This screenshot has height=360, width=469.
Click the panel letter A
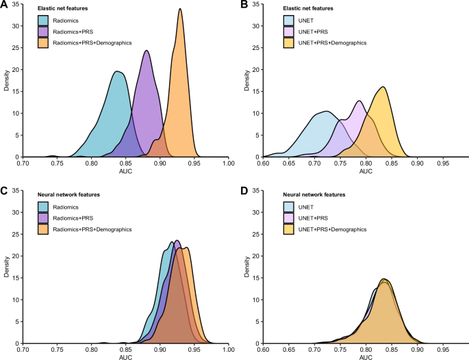click(x=4, y=5)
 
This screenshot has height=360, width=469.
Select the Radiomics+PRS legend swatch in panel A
click(x=43, y=31)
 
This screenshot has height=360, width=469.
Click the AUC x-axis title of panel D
click(x=366, y=357)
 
